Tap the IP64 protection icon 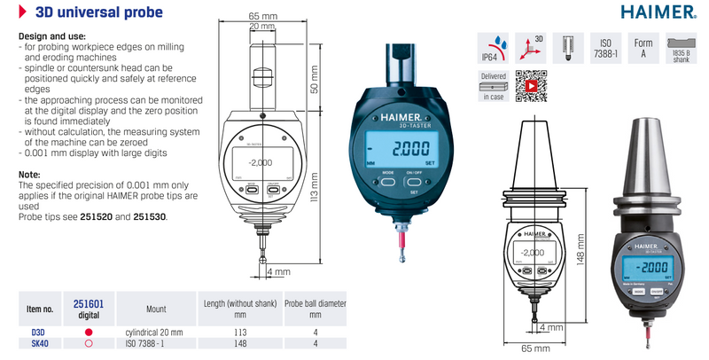pyautogui.click(x=493, y=50)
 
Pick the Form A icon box pyautogui.click(x=643, y=49)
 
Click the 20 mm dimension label pyautogui.click(x=261, y=27)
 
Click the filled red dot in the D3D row pyautogui.click(x=88, y=331)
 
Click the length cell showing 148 pyautogui.click(x=239, y=342)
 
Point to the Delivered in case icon pyautogui.click(x=493, y=86)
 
